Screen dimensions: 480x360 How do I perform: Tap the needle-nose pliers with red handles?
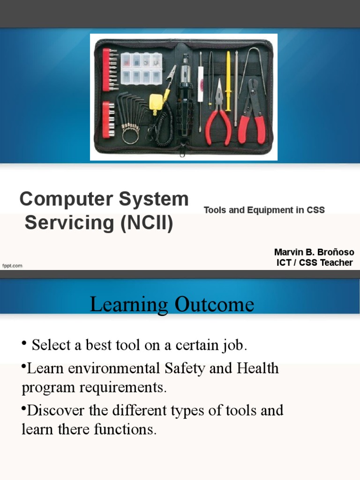click(x=218, y=117)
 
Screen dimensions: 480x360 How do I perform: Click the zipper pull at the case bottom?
click(x=183, y=151)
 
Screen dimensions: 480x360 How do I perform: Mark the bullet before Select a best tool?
click(x=23, y=345)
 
